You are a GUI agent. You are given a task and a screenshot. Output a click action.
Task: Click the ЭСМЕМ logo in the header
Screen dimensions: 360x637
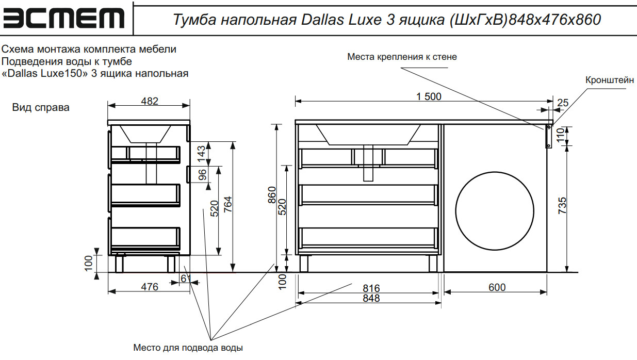tap(64, 19)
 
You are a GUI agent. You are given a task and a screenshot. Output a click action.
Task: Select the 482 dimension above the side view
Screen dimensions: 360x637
tap(150, 101)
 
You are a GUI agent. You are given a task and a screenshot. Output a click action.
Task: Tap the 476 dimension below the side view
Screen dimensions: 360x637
tap(150, 287)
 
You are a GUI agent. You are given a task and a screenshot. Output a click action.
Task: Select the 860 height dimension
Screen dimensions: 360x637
tap(272, 195)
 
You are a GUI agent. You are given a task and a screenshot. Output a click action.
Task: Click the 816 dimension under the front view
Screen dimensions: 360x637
tap(371, 288)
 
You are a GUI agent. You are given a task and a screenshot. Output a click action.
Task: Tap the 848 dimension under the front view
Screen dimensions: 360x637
tap(371, 298)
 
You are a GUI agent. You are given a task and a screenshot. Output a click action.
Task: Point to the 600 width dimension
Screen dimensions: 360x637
tap(497, 287)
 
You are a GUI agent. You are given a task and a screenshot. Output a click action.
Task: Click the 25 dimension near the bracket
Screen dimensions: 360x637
tap(562, 103)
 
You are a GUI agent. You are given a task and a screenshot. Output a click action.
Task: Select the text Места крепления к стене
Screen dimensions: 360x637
tap(402, 57)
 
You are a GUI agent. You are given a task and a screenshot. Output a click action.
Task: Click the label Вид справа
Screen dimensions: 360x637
tap(41, 108)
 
